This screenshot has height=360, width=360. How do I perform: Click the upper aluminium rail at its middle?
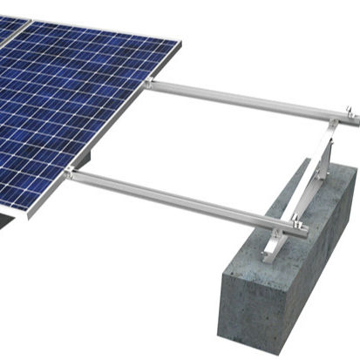(248, 100)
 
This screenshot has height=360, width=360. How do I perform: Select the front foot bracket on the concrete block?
(270, 248)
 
